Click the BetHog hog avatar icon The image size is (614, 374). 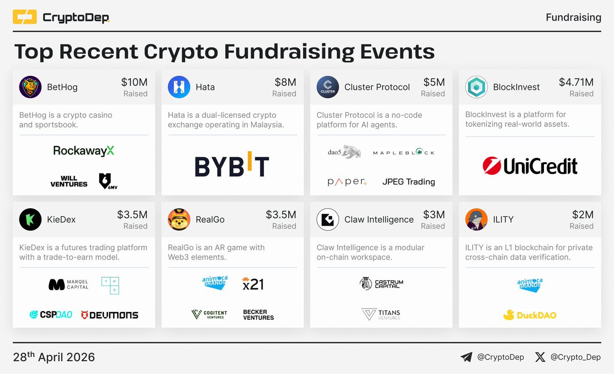click(x=30, y=87)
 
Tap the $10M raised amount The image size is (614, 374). click(x=134, y=82)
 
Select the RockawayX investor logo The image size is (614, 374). click(x=84, y=150)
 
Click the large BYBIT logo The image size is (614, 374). click(x=232, y=166)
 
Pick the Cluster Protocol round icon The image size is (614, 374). click(x=327, y=87)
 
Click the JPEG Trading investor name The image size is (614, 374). click(x=408, y=182)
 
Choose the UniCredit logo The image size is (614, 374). click(x=530, y=166)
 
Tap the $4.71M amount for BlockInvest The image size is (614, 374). click(x=576, y=82)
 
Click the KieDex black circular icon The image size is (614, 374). click(x=30, y=219)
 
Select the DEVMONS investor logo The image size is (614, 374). click(x=109, y=315)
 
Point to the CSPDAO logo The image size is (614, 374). click(x=51, y=315)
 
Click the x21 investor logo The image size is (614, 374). click(x=253, y=284)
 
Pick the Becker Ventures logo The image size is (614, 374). click(x=258, y=315)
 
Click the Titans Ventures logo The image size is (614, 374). click(x=381, y=314)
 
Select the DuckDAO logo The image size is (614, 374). click(x=530, y=315)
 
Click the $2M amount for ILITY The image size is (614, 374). click(x=582, y=215)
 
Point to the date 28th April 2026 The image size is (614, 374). click(x=54, y=357)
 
